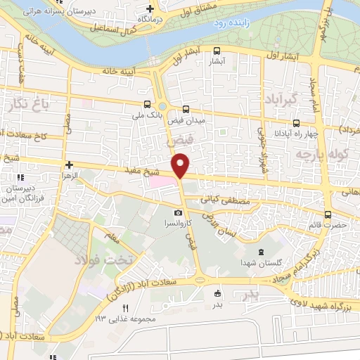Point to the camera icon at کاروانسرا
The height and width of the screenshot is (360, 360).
point(178,212)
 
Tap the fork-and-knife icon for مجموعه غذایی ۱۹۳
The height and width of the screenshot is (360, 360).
point(127,308)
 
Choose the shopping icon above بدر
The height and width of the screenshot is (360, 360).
point(217,293)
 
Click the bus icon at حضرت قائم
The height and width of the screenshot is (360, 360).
point(328,214)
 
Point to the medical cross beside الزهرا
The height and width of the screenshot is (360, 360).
point(69,164)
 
